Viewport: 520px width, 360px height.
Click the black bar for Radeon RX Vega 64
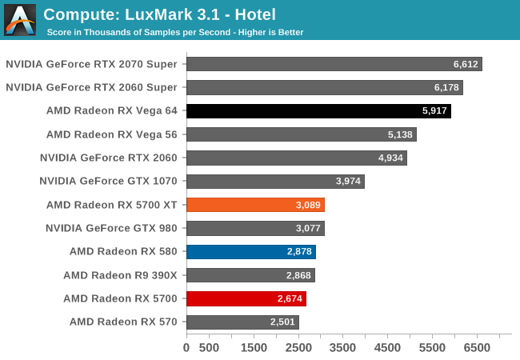pyautogui.click(x=318, y=110)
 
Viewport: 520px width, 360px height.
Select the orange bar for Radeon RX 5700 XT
pyautogui.click(x=255, y=205)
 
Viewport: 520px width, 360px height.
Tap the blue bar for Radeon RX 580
pyautogui.click(x=250, y=252)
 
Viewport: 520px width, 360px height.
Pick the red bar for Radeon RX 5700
pyautogui.click(x=246, y=298)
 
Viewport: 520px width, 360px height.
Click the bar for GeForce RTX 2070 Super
pyautogui.click(x=334, y=64)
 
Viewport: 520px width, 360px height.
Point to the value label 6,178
pyautogui.click(x=446, y=87)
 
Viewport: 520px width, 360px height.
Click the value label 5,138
pyautogui.click(x=400, y=134)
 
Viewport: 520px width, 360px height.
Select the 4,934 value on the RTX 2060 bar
pyautogui.click(x=390, y=158)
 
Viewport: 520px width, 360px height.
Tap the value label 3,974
pyautogui.click(x=348, y=181)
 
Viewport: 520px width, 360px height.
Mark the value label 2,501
pyautogui.click(x=282, y=322)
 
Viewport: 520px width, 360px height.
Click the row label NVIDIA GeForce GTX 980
pyautogui.click(x=111, y=228)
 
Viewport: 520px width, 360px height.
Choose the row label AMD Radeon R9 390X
pyautogui.click(x=120, y=275)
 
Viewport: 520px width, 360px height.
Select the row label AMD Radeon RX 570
pyautogui.click(x=123, y=322)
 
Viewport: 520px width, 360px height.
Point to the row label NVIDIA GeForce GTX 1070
pyautogui.click(x=108, y=181)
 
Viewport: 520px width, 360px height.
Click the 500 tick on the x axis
pyautogui.click(x=209, y=348)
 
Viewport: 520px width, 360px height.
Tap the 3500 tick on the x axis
pyautogui.click(x=342, y=348)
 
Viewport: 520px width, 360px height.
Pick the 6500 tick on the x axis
pyautogui.click(x=477, y=348)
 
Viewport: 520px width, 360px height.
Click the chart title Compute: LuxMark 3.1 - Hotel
pyautogui.click(x=159, y=14)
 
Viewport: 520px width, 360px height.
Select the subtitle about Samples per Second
pyautogui.click(x=174, y=32)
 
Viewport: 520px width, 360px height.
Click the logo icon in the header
pyautogui.click(x=20, y=20)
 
